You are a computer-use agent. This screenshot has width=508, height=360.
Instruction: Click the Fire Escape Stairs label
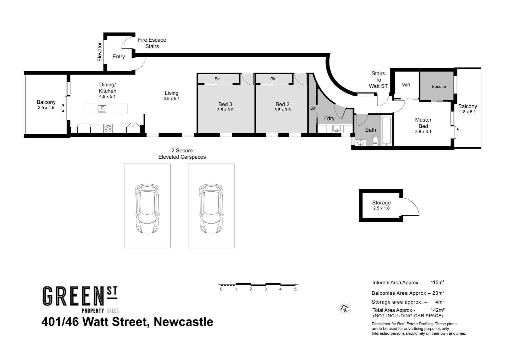pyautogui.click(x=152, y=43)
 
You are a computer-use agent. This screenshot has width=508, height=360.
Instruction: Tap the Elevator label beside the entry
pyautogui.click(x=99, y=52)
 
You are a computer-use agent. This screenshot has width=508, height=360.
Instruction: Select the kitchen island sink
pyautogui.click(x=102, y=109)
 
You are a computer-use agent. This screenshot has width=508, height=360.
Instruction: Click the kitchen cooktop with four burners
pyautogui.click(x=108, y=129)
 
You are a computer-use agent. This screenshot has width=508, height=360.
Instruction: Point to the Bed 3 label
pyautogui.click(x=225, y=104)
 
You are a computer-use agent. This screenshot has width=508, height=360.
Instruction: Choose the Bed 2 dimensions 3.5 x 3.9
pyautogui.click(x=282, y=110)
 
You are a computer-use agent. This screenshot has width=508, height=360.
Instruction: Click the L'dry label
pyautogui.click(x=329, y=118)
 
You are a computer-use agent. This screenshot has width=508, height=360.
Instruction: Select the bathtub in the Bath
pyautogui.click(x=387, y=131)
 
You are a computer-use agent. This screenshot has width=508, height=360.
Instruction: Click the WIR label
pyautogui.click(x=406, y=85)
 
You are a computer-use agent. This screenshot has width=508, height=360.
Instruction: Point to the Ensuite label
pyautogui.click(x=438, y=86)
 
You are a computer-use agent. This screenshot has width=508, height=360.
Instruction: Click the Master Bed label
pyautogui.click(x=423, y=123)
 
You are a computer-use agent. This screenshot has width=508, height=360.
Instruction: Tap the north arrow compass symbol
pyautogui.click(x=344, y=308)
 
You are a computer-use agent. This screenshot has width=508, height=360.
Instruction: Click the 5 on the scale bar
pyautogui.click(x=295, y=289)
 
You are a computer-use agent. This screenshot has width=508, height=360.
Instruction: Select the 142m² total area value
pyautogui.click(x=437, y=310)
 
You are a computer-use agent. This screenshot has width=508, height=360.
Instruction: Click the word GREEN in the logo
pyautogui.click(x=71, y=296)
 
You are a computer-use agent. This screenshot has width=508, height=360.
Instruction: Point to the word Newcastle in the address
pyautogui.click(x=183, y=322)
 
